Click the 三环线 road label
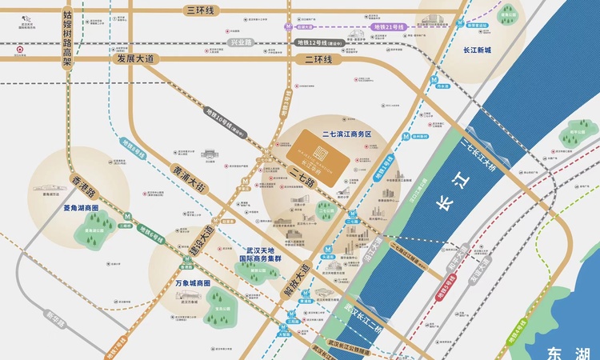tap(201, 10)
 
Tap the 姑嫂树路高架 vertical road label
tap(68, 40)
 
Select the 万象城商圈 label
tap(192, 283)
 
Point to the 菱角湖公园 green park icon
tap(89, 235)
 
